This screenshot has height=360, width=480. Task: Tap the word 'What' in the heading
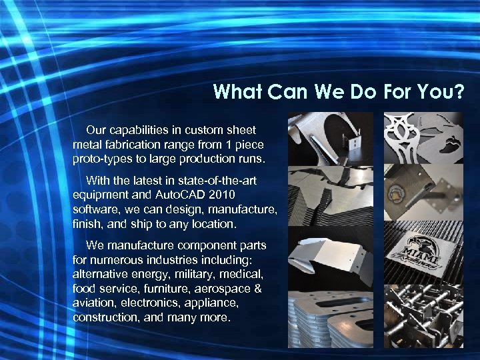coord(238,91)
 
